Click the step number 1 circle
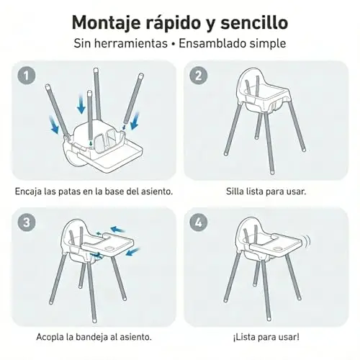(x=27, y=76)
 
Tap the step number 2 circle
(x=199, y=76)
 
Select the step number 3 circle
(x=27, y=222)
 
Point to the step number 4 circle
(x=199, y=222)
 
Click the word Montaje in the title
(x=107, y=24)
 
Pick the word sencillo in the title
(x=254, y=22)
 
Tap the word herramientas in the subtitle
(x=130, y=43)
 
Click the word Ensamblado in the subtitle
(x=212, y=43)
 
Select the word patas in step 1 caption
(x=69, y=192)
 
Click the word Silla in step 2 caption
(x=235, y=192)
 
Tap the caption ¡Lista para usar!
(x=266, y=337)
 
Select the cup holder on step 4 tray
(x=279, y=249)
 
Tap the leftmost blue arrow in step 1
(x=54, y=125)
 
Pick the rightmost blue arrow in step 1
(x=135, y=121)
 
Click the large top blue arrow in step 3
(x=118, y=230)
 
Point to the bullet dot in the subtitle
(x=173, y=45)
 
